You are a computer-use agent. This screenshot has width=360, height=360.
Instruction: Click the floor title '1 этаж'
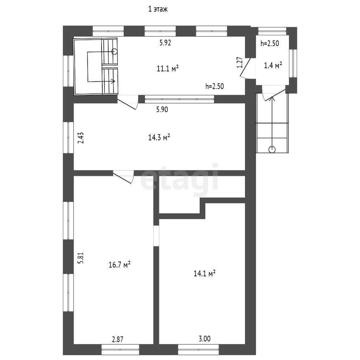158,9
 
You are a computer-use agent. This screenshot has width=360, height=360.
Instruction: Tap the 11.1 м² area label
168,69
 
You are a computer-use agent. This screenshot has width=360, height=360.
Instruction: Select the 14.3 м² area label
159,137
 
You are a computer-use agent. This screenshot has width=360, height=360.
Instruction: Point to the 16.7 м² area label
120,265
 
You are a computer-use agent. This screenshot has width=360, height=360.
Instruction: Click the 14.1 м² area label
204,274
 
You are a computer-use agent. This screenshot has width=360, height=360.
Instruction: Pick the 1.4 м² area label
273,66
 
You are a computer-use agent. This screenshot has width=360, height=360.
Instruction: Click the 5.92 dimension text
165,43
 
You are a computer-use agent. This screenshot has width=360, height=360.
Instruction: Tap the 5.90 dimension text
162,110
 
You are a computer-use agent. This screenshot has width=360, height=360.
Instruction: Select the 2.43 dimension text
81,138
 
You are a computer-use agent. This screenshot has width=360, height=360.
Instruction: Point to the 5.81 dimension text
81,258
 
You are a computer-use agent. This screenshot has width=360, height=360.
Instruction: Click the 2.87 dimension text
117,339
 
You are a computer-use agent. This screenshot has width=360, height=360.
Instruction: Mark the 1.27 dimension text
239,62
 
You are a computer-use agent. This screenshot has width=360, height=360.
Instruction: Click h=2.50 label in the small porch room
270,43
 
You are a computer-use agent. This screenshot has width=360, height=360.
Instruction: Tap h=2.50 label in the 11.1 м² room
215,86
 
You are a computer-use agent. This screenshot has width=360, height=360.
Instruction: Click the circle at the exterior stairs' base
272,150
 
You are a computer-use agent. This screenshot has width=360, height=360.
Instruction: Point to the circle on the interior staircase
114,51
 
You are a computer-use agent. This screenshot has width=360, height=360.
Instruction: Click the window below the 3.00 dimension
198,349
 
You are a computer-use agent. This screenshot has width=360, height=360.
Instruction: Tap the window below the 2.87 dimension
120,349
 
